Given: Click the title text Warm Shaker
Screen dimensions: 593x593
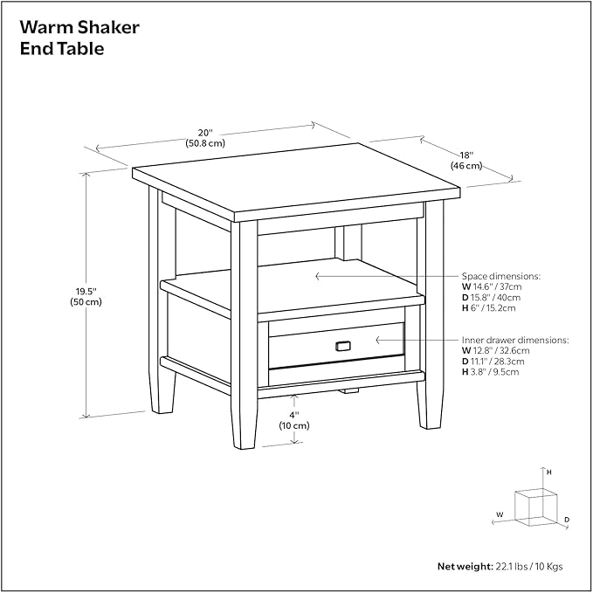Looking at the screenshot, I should click(x=79, y=28).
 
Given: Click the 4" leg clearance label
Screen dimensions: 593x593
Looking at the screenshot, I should click(x=294, y=420).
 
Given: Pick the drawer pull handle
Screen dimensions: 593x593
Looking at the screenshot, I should click(x=341, y=346).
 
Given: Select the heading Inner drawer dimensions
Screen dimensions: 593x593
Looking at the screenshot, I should click(x=515, y=340).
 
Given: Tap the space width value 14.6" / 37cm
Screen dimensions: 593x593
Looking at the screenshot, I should click(x=497, y=286).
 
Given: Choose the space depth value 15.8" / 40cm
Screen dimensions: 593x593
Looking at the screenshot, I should click(x=497, y=297).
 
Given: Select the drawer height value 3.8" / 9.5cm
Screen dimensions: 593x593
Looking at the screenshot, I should click(x=495, y=371).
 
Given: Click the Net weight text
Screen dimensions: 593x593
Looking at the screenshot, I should click(x=500, y=567).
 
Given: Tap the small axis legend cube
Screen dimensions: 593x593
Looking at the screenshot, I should click(x=535, y=506).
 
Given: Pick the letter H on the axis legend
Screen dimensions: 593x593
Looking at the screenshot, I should click(x=549, y=472).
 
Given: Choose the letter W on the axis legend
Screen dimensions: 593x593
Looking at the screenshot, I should click(x=500, y=514).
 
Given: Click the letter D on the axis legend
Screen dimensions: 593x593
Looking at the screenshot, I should click(x=566, y=521).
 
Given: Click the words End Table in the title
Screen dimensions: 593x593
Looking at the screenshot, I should click(x=63, y=50).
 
